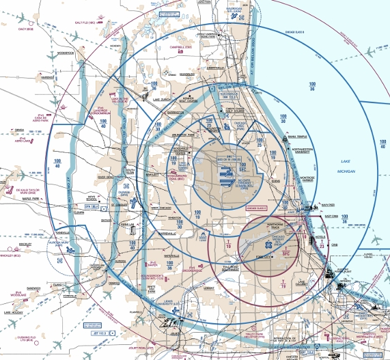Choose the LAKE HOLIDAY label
(12, 312)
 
